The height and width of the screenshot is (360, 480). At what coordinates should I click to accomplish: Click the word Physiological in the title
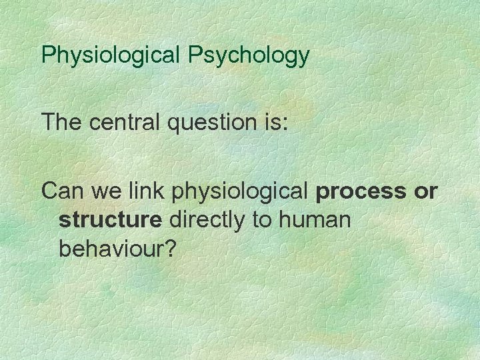coord(111,55)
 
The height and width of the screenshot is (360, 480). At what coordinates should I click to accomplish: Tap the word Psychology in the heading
coord(248,55)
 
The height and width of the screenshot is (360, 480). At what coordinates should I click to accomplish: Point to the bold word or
coord(425,192)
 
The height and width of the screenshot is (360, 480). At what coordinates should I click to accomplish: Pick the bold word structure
coord(110,220)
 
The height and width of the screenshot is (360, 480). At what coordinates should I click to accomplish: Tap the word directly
coord(209,220)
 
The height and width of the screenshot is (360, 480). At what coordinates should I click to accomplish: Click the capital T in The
coord(47,123)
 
